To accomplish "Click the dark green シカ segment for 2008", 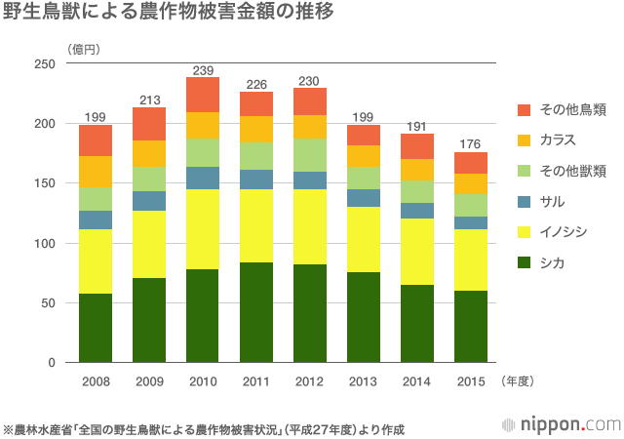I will (96, 328).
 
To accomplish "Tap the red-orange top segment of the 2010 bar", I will (203, 95).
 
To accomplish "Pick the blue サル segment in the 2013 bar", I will (364, 198).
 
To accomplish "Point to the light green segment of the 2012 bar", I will (310, 154).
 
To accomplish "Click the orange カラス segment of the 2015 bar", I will (471, 184).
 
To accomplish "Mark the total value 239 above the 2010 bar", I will (203, 69).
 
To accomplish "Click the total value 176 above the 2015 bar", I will (471, 144).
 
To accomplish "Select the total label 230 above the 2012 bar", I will (310, 81).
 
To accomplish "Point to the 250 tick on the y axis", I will (45, 64).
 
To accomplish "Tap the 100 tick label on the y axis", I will (45, 243).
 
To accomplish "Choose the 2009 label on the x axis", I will (149, 379).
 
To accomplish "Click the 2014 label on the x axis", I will (417, 379).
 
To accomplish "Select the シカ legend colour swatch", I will (524, 263).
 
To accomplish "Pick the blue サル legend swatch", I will (524, 201).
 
